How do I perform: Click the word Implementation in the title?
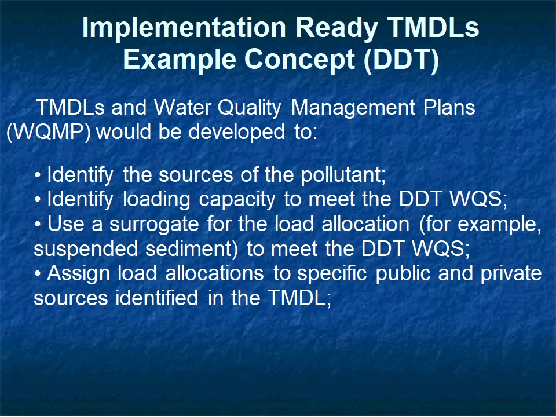point(184,27)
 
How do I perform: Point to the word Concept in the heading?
point(300,60)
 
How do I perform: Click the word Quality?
point(249,108)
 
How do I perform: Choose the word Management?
point(353,108)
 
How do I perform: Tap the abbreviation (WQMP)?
point(49,133)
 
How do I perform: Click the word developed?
point(236,132)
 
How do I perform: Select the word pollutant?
point(343,175)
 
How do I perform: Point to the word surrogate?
point(154,225)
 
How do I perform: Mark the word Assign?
point(78,274)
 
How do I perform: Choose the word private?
point(511,273)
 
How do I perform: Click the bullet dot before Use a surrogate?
point(38,225)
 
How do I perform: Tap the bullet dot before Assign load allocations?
point(38,274)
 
